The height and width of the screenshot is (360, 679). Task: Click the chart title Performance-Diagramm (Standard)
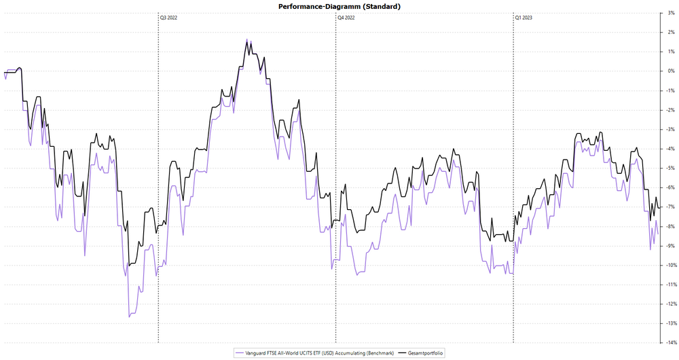point(339,6)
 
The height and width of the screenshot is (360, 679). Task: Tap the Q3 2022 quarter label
point(168,18)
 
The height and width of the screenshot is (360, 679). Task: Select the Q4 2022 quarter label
point(346,18)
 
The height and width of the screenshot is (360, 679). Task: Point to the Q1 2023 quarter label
point(524,18)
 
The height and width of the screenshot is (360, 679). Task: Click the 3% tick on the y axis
point(670,13)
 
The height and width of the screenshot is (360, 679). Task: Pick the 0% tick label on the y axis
point(670,71)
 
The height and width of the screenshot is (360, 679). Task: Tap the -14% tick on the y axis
point(669,343)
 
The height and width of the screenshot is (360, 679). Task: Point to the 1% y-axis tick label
point(670,52)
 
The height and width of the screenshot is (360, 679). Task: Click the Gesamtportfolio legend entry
point(425,353)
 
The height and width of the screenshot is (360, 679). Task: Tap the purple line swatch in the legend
point(238,353)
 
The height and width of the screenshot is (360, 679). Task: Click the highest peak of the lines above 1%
point(247,39)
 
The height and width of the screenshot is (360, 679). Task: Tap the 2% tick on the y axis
point(670,32)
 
